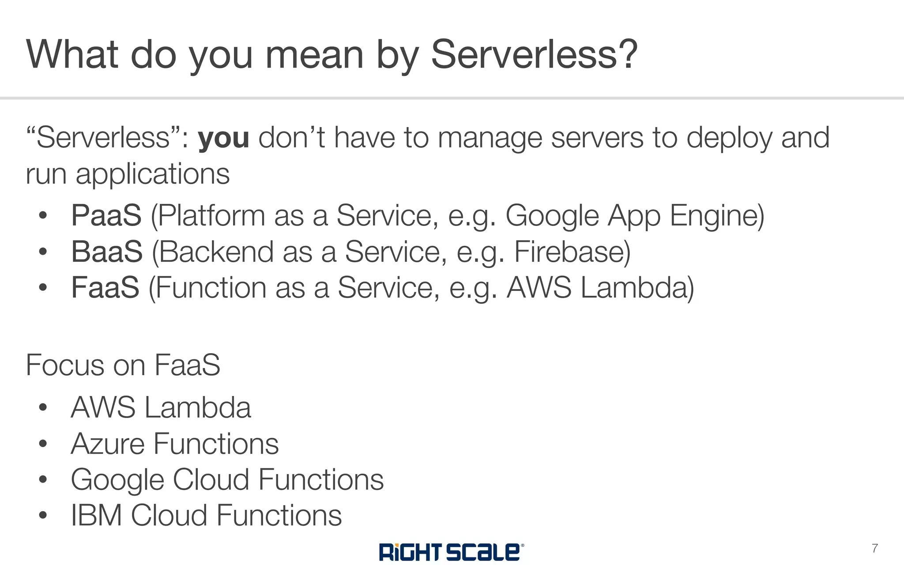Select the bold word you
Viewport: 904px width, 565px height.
click(x=223, y=138)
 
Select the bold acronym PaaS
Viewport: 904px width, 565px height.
click(x=106, y=216)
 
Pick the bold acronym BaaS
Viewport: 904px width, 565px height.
click(x=107, y=252)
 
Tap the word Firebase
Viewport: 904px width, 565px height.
click(x=572, y=252)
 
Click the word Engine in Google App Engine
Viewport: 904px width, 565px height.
click(x=717, y=216)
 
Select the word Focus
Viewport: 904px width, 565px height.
click(x=65, y=365)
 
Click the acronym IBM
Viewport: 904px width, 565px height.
click(x=96, y=516)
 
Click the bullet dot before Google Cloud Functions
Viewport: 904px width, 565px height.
click(x=43, y=479)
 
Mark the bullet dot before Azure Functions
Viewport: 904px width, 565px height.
click(x=43, y=444)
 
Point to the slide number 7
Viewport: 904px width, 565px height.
click(x=874, y=548)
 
